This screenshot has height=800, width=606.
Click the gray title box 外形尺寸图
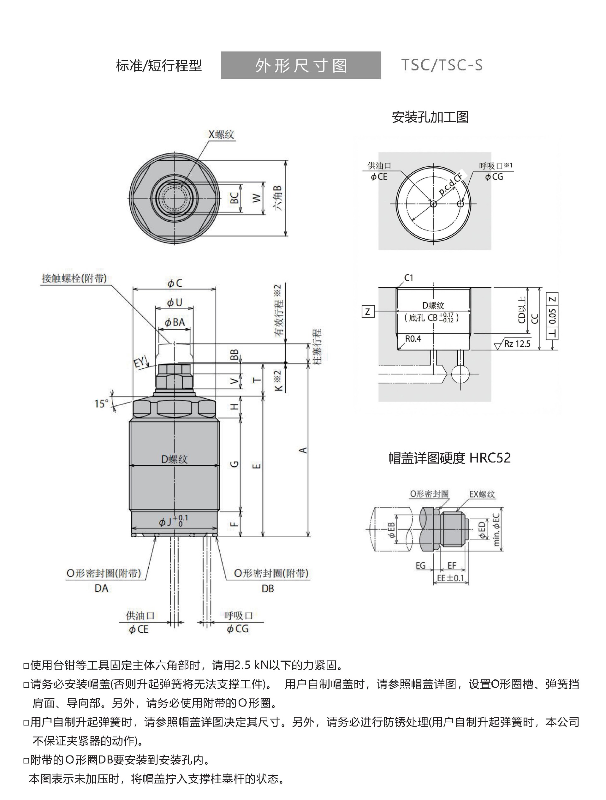click(x=301, y=65)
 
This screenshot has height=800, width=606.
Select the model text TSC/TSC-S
click(x=442, y=65)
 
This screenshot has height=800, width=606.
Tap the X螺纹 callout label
click(x=221, y=134)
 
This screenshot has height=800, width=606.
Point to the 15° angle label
click(x=102, y=403)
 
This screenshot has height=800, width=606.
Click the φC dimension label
click(x=175, y=284)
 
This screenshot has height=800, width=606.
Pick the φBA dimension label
click(x=175, y=322)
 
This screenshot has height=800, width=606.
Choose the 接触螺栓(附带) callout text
click(x=74, y=278)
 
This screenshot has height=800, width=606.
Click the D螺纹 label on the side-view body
click(x=174, y=459)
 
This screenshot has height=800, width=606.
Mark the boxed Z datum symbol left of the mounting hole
click(x=368, y=311)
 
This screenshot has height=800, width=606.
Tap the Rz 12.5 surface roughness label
click(x=517, y=343)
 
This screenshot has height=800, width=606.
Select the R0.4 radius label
click(x=413, y=339)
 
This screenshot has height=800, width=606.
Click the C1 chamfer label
click(x=409, y=278)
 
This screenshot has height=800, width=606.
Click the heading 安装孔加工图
click(x=430, y=117)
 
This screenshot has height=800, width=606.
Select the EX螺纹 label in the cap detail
click(x=482, y=494)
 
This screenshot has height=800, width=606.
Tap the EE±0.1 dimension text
click(x=450, y=578)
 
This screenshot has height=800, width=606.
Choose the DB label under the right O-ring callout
click(x=268, y=589)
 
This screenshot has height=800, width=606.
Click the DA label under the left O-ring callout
click(x=101, y=588)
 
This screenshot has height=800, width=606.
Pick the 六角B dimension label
click(x=278, y=198)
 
